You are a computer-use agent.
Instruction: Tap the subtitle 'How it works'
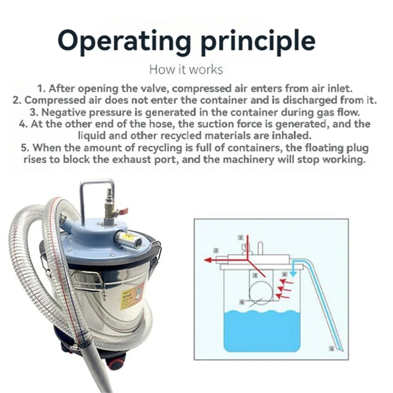point(186,69)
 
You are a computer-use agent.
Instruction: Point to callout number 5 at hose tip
point(332,349)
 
